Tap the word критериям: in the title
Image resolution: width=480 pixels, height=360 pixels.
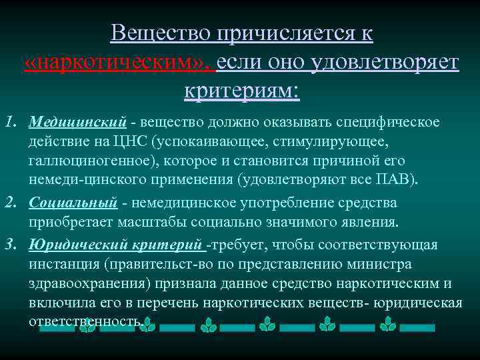pyautogui.click(x=242, y=90)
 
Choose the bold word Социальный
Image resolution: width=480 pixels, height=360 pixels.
pyautogui.click(x=73, y=202)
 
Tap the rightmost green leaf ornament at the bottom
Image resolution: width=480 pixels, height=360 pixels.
pyautogui.click(x=387, y=325)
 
